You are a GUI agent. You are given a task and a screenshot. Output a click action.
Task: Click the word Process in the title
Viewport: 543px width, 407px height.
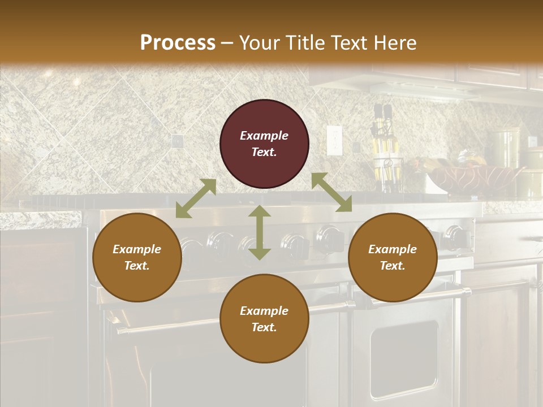tap(178, 43)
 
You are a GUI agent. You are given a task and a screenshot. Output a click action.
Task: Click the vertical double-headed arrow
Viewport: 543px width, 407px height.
tap(260, 232)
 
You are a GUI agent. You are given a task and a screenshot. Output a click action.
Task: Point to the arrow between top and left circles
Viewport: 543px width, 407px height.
tap(196, 198)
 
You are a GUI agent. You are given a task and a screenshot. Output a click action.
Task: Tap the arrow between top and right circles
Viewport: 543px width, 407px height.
tap(331, 193)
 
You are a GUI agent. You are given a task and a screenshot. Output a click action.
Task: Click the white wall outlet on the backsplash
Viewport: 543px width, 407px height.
tap(334, 140)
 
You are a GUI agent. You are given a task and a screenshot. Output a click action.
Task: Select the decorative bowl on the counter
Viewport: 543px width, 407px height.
tap(473, 177)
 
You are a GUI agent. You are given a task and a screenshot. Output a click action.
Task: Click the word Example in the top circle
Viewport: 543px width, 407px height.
tap(264, 136)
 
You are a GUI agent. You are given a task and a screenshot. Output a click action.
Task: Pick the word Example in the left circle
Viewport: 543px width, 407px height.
tap(137, 249)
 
